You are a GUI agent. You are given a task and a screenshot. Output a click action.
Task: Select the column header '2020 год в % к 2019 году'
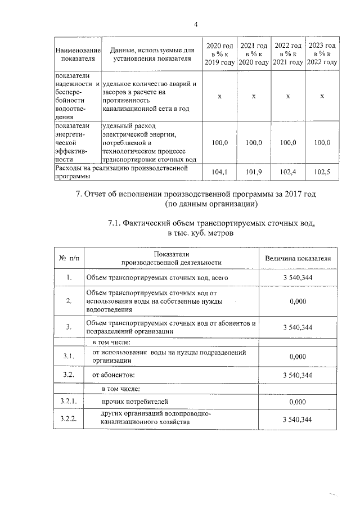pyautogui.click(x=219, y=53)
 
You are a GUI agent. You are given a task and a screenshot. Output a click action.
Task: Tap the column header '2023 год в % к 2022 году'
pyautogui.click(x=322, y=53)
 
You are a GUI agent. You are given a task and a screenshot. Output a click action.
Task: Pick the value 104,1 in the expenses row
pyautogui.click(x=219, y=172)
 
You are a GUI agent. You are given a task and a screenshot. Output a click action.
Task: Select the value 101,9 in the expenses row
pyautogui.click(x=254, y=172)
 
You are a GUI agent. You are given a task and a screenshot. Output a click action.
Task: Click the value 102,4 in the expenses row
pyautogui.click(x=287, y=172)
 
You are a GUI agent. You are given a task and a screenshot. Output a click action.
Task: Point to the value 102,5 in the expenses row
pyautogui.click(x=322, y=172)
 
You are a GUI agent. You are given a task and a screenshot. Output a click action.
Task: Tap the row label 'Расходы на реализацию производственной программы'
pyautogui.click(x=127, y=172)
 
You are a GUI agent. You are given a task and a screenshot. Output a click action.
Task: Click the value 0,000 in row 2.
pyautogui.click(x=298, y=301)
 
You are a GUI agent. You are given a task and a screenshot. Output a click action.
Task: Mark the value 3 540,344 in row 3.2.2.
pyautogui.click(x=298, y=420)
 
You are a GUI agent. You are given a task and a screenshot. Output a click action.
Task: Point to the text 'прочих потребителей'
pyautogui.click(x=134, y=402)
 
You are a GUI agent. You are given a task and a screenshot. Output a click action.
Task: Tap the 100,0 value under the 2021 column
pyautogui.click(x=254, y=143)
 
